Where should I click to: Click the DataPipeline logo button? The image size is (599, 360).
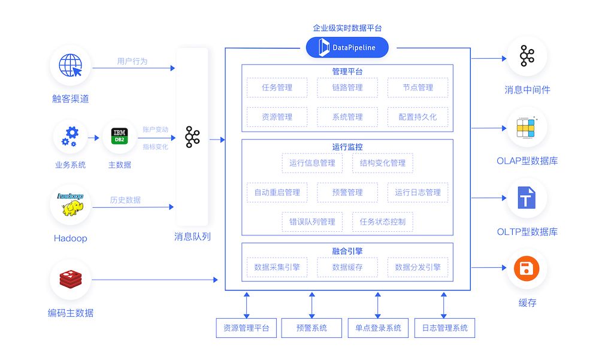click(347, 47)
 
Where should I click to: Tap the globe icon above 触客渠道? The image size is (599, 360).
click(71, 66)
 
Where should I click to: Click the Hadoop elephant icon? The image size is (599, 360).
click(71, 205)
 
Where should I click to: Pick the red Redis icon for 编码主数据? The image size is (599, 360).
click(71, 279)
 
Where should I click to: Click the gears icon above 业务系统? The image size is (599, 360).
click(70, 137)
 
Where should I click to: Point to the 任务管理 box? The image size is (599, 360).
click(277, 87)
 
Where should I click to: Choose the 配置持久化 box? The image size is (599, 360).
click(418, 117)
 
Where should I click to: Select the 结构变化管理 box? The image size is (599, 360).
click(382, 163)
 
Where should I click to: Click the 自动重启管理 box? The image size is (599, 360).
click(277, 192)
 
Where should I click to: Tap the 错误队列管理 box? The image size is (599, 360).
click(312, 222)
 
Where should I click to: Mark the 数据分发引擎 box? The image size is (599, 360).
click(418, 267)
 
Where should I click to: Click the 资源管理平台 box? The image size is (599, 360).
click(246, 328)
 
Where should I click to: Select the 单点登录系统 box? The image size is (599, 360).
click(378, 328)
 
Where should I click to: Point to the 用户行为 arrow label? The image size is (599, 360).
click(132, 61)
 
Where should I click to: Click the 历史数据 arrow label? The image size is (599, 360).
click(125, 200)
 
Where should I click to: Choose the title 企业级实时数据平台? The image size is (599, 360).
click(347, 28)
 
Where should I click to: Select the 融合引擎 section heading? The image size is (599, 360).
click(347, 252)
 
